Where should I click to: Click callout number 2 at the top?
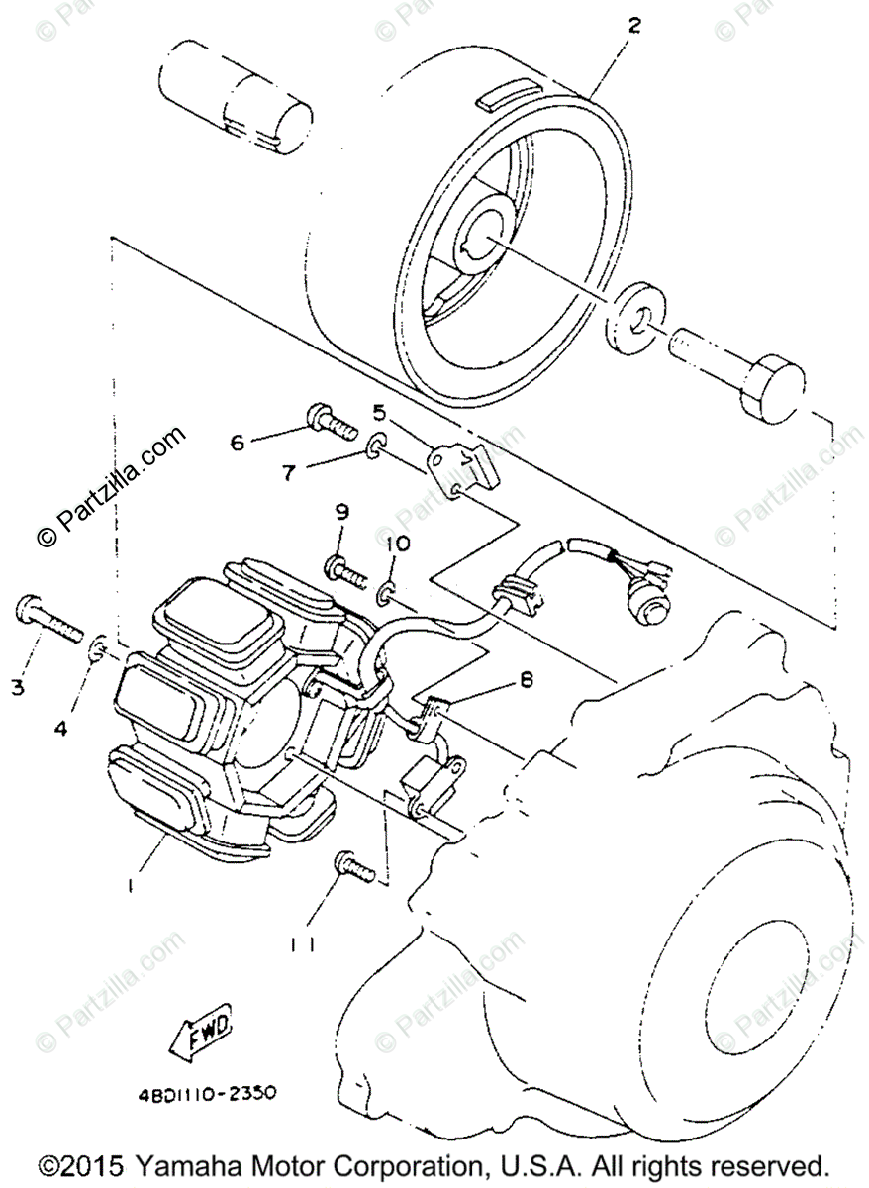[x=633, y=26]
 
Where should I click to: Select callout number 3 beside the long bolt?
[x=18, y=687]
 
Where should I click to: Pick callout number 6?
[x=237, y=443]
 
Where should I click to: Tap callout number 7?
[x=289, y=472]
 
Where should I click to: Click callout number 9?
[x=342, y=512]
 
